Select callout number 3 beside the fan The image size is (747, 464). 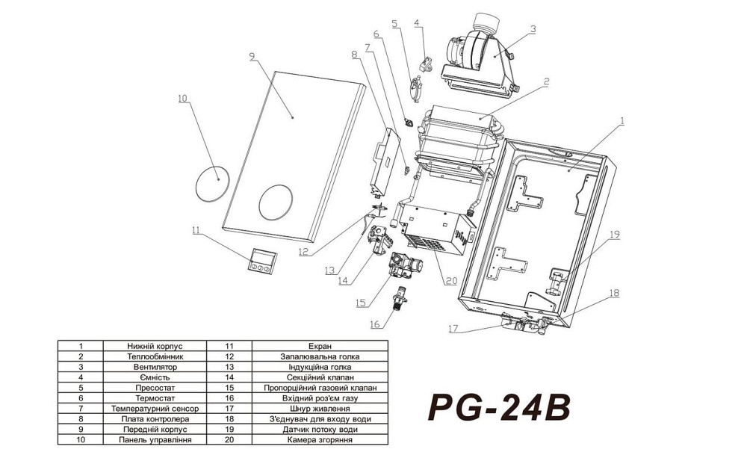pyautogui.click(x=533, y=29)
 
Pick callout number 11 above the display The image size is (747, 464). pyautogui.click(x=196, y=232)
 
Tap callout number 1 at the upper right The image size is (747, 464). pyautogui.click(x=622, y=120)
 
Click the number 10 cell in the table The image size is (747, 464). pyautogui.click(x=80, y=441)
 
